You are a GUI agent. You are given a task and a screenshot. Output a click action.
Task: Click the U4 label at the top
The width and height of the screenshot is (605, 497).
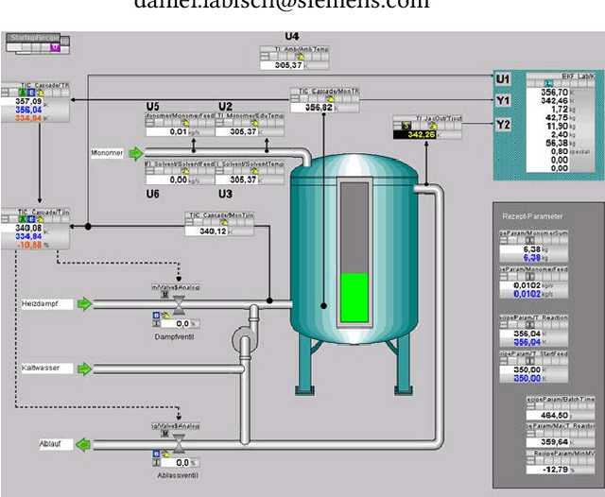click(x=292, y=36)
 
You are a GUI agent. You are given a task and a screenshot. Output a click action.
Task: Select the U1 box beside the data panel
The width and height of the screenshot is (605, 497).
click(x=503, y=78)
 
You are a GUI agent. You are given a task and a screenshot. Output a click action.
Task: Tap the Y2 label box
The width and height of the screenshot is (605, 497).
click(x=503, y=124)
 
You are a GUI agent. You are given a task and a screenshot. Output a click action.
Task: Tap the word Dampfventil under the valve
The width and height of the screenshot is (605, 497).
click(x=175, y=335)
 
